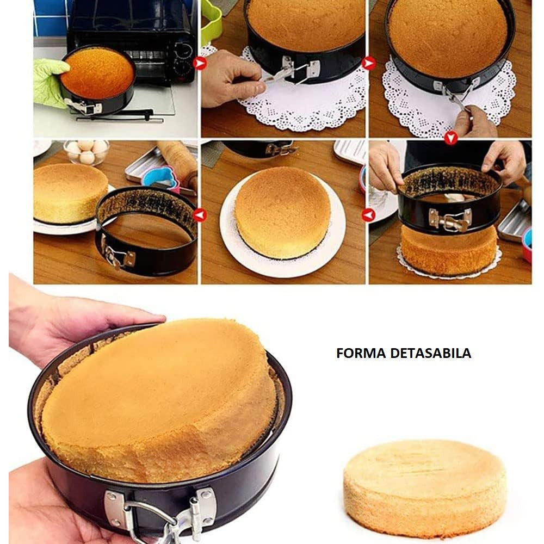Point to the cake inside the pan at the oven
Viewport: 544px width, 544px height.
pyautogui.click(x=97, y=74)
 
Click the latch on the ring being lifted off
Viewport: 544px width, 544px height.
pyautogui.click(x=450, y=220)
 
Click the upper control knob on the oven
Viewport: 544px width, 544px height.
pyautogui.click(x=185, y=49)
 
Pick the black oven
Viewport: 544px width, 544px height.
pyautogui.click(x=136, y=38)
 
